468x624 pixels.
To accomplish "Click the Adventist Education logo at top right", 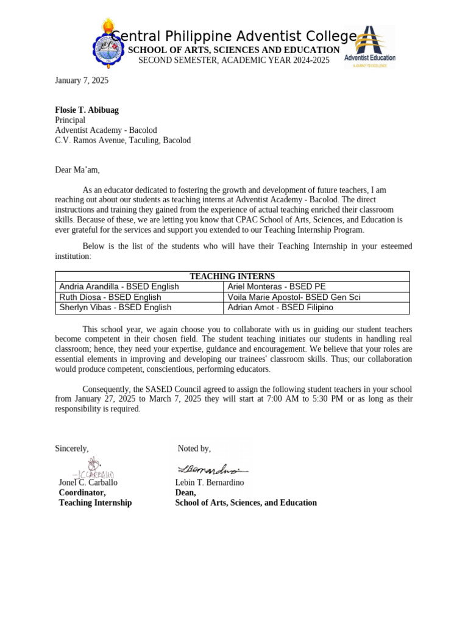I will pyautogui.click(x=369, y=47).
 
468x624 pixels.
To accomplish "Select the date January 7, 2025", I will pyautogui.click(x=82, y=80).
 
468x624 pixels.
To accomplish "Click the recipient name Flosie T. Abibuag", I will pyautogui.click(x=87, y=110).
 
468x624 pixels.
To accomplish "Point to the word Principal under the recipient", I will pyautogui.click(x=70, y=120).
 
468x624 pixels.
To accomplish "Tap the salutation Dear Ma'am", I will pyautogui.click(x=77, y=170).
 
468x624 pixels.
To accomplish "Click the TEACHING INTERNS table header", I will pyautogui.click(x=232, y=277).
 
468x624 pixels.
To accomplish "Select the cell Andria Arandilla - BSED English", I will pyautogui.click(x=119, y=286).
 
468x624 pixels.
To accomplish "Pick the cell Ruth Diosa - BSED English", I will pyautogui.click(x=110, y=297).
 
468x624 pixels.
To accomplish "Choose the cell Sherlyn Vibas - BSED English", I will pyautogui.click(x=115, y=308).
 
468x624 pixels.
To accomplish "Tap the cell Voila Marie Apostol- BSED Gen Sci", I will pyautogui.click(x=298, y=297).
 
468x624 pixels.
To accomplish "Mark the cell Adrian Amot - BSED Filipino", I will pyautogui.click(x=280, y=308).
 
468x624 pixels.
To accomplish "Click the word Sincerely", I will pyautogui.click(x=72, y=448).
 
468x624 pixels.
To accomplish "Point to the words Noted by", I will pyautogui.click(x=194, y=448).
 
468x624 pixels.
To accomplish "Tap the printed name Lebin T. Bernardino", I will pyautogui.click(x=210, y=483).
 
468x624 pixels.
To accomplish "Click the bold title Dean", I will pyautogui.click(x=186, y=492).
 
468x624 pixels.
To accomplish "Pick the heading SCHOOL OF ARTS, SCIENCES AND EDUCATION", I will pyautogui.click(x=233, y=50).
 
